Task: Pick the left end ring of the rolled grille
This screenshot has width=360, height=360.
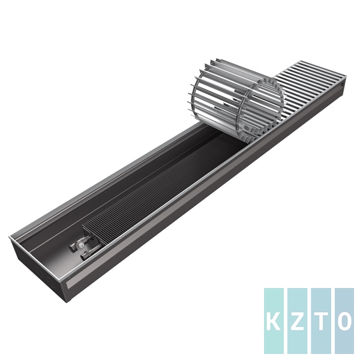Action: pos(201,99)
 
